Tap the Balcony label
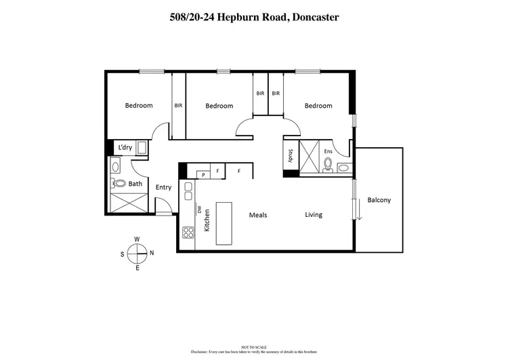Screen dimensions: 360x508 [379, 200]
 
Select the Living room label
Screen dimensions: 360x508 [313, 215]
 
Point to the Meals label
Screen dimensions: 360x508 [258, 215]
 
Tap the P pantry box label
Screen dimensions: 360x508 [203, 175]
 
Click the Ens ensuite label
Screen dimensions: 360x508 [329, 151]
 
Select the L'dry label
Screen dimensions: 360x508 [125, 147]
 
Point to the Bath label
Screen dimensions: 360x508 [135, 183]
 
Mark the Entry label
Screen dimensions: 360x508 [163, 187]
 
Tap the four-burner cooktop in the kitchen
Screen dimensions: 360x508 [189, 232]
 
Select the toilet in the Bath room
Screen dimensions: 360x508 [119, 183]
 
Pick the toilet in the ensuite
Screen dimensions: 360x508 [328, 164]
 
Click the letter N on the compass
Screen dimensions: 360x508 [152, 253]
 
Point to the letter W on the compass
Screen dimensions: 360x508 [137, 239]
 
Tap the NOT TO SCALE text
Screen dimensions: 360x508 [253, 346]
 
